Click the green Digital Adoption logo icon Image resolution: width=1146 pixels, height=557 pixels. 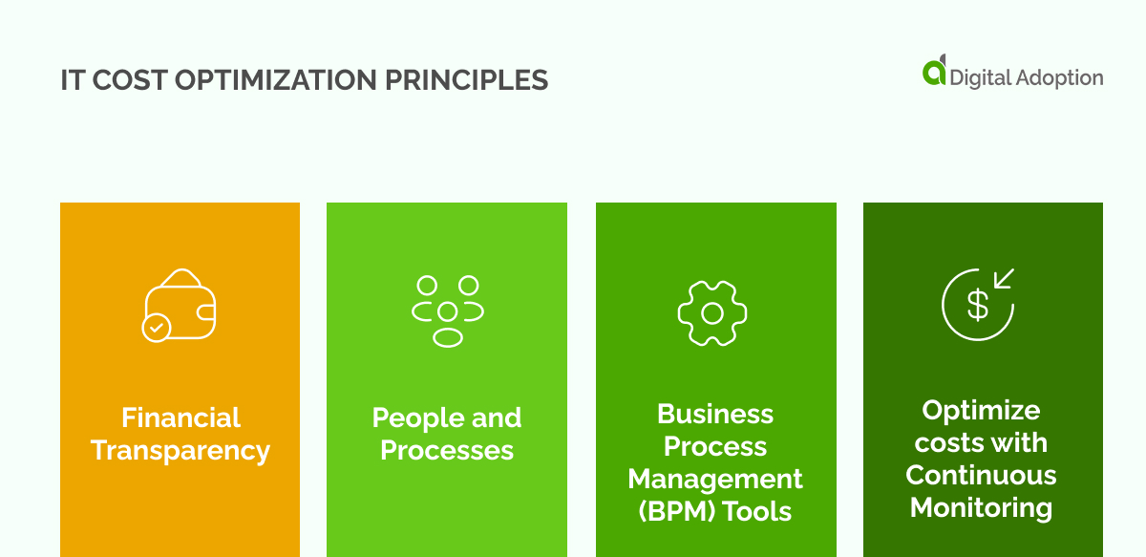934,72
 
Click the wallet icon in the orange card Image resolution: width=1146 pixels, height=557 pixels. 181,303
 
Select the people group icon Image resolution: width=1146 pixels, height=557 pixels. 447,311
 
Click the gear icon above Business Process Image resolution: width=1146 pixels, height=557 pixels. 711,312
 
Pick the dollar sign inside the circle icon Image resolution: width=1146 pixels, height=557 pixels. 977,305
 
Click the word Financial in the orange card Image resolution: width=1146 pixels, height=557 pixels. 180,418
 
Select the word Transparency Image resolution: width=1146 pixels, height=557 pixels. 180,450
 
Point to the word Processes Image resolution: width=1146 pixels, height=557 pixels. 447,450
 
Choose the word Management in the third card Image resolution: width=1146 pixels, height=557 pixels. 715,479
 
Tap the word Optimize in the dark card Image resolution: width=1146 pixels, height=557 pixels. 981,410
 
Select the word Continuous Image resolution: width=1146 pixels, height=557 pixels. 981,475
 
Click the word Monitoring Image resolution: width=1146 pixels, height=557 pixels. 981,507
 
